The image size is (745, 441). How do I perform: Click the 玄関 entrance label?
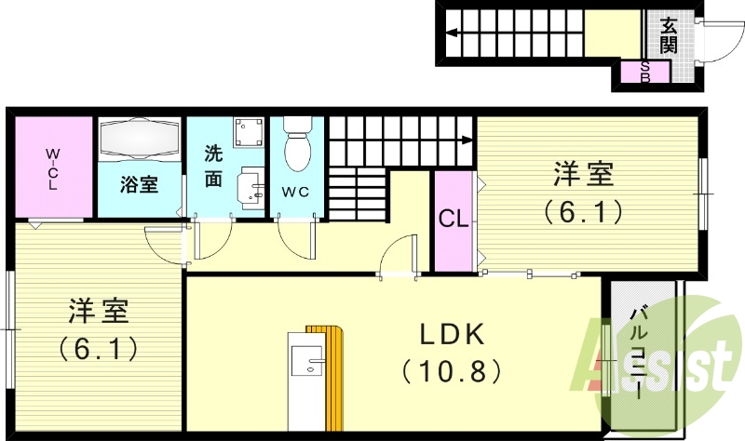pos(669,34)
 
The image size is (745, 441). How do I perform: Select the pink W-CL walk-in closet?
pos(53,167)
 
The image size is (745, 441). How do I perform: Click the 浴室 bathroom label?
pos(139,183)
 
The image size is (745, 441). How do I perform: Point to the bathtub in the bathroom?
pos(139,140)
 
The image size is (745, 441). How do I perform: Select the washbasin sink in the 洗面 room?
pos(250,187)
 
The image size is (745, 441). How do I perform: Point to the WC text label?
pos(296,192)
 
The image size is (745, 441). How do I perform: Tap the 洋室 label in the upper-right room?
pos(584,174)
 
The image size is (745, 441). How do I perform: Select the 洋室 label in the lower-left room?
pos(98,310)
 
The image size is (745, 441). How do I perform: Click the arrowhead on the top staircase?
pos(451,33)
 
